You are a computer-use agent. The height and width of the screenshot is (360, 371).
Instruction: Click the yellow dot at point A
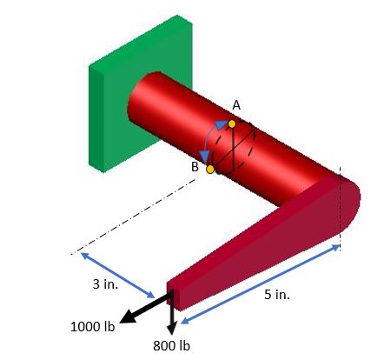(231, 123)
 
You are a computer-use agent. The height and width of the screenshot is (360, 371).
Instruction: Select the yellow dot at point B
(209, 169)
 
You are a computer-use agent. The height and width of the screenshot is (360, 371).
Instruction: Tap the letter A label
(235, 105)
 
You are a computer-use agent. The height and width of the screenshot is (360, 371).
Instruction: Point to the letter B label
(195, 165)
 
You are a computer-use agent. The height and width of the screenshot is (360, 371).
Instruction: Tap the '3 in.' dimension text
(105, 284)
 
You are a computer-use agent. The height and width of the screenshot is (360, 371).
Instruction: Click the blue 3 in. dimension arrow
(117, 275)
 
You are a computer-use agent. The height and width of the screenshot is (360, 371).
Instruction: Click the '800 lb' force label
(171, 346)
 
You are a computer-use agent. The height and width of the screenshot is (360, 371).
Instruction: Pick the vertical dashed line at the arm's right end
(341, 209)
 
